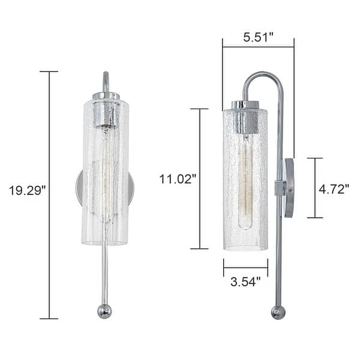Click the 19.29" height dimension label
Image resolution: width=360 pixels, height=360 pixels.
pyautogui.click(x=27, y=191)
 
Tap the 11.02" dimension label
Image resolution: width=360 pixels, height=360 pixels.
pyautogui.click(x=178, y=179)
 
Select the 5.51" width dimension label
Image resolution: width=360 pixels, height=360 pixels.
pyautogui.click(x=258, y=37)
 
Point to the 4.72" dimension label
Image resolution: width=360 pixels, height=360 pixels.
pyautogui.click(x=334, y=190)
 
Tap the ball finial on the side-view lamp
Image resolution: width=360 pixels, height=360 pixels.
pyautogui.click(x=278, y=312)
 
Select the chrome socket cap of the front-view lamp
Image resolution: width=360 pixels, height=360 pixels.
pyautogui.click(x=106, y=110)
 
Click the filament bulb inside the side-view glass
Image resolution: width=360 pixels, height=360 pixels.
pyautogui.click(x=245, y=180)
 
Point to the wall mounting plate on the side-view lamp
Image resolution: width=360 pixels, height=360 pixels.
pyautogui.click(x=289, y=187)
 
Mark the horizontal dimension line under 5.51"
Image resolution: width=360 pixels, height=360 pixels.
pyautogui.click(x=258, y=47)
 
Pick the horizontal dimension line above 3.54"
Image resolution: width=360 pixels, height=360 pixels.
pyautogui.click(x=245, y=268)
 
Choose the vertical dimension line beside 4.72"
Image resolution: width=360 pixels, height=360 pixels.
pyautogui.click(x=315, y=187)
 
